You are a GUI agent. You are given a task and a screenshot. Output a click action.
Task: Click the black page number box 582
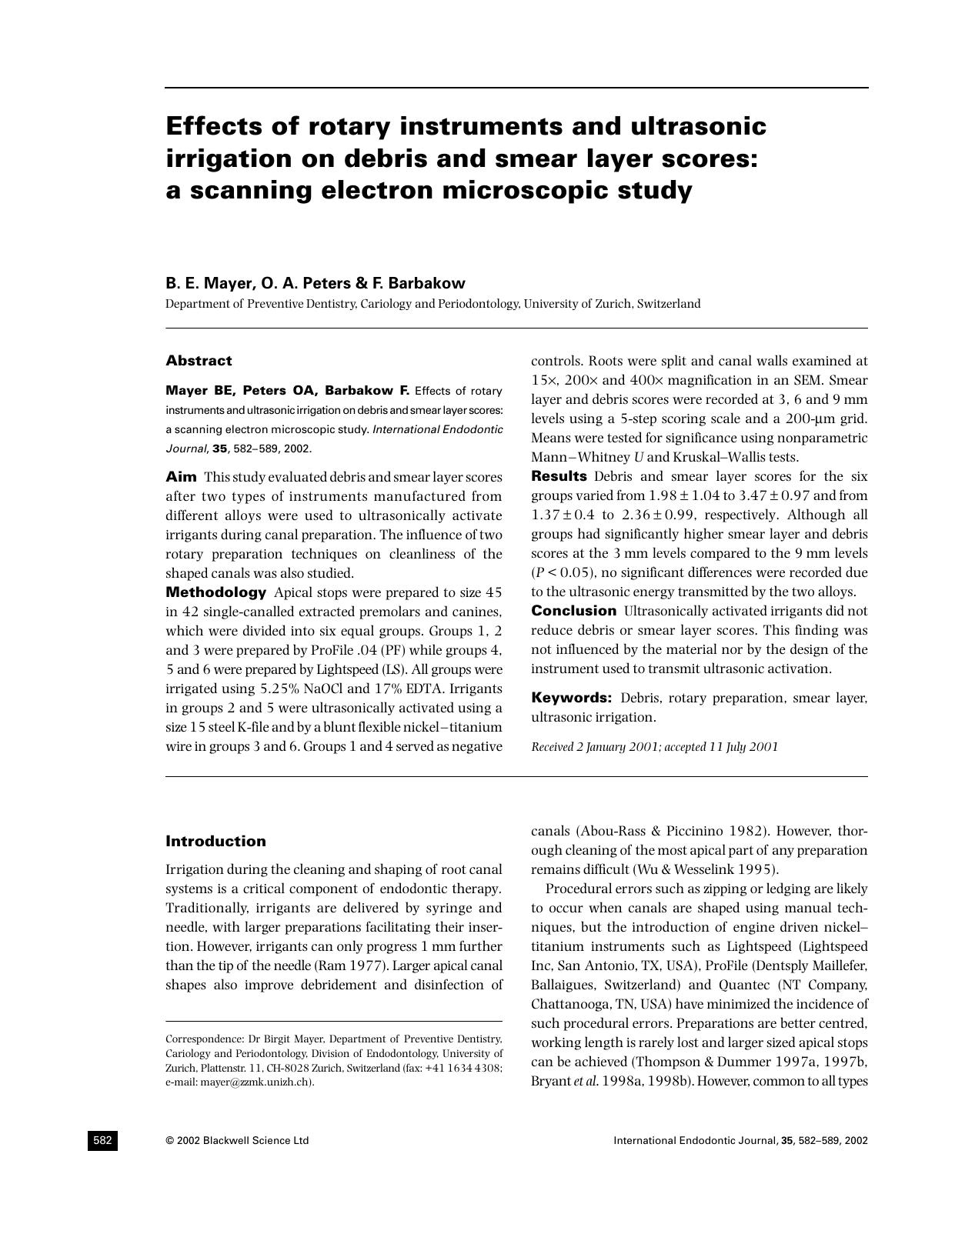point(102,1140)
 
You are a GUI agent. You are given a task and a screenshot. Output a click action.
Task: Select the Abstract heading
point(199,361)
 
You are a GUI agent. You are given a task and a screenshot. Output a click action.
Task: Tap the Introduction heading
point(215,841)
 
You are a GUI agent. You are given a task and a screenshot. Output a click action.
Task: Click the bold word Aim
point(181,477)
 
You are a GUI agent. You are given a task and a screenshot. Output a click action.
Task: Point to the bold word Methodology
point(215,592)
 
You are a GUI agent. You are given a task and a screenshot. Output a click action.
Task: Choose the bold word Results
point(559,476)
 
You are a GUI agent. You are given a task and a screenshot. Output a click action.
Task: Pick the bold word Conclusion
point(573,611)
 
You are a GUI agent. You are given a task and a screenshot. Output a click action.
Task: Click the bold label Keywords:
point(571,698)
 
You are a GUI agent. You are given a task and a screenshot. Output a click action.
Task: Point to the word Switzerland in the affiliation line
point(669,304)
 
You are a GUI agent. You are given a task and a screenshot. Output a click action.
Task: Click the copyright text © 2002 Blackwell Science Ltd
point(237,1140)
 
